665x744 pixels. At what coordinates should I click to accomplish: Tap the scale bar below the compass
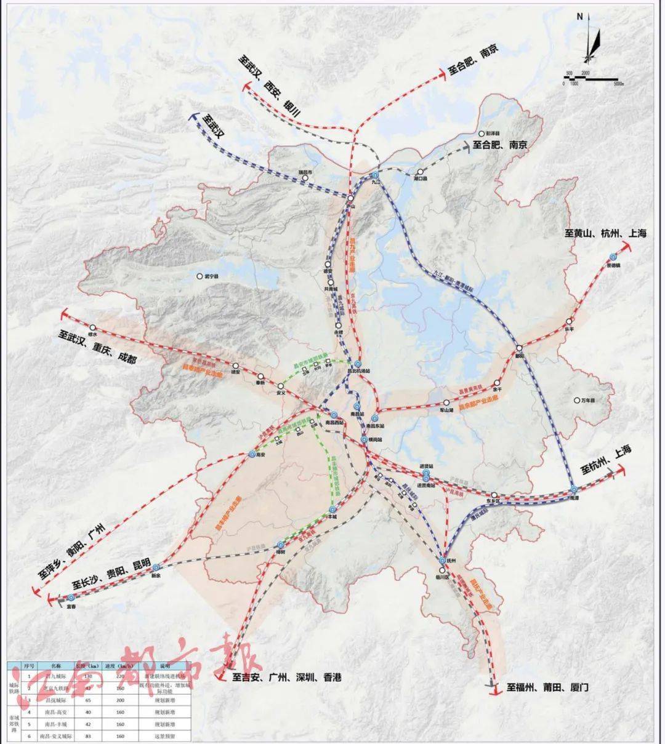click(590, 79)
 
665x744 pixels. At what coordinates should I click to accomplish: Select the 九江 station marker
click(375, 177)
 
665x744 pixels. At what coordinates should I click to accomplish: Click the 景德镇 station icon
click(613, 257)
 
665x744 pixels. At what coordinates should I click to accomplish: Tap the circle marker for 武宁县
click(199, 277)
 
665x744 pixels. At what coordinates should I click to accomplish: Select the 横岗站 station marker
click(365, 439)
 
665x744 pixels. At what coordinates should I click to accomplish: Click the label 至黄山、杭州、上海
click(605, 234)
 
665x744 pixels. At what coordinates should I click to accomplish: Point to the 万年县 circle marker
click(576, 400)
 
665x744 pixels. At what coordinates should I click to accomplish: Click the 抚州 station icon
click(443, 561)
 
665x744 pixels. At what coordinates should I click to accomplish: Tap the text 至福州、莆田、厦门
click(547, 687)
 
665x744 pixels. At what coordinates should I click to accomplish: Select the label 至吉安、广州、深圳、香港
click(286, 677)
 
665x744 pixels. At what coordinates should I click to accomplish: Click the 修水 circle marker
click(93, 328)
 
